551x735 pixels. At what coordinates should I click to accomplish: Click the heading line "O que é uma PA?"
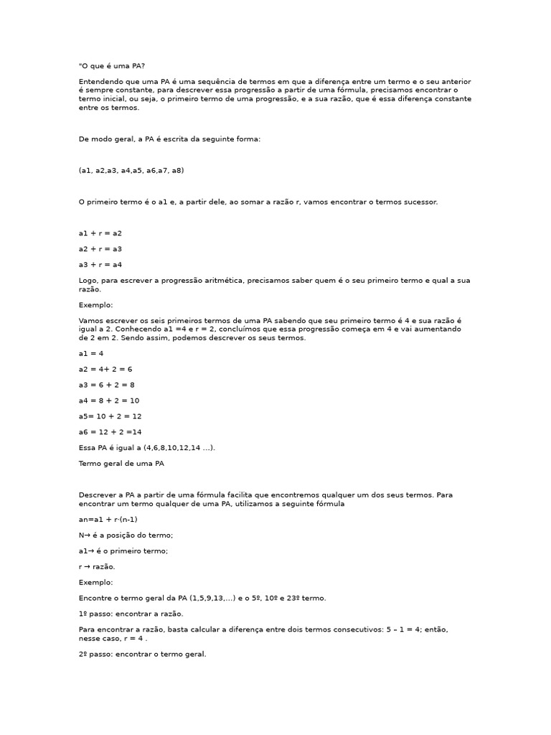[x=112, y=66]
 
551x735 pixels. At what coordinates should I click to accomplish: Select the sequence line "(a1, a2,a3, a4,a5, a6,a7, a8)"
[x=131, y=171]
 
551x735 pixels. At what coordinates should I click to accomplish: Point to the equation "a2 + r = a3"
[x=100, y=249]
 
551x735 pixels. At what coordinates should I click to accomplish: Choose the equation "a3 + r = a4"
[x=100, y=265]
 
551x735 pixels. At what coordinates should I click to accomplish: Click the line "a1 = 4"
[x=91, y=353]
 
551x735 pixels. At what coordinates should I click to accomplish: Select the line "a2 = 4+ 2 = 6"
[x=105, y=369]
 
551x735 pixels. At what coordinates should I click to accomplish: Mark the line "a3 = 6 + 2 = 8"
[x=107, y=385]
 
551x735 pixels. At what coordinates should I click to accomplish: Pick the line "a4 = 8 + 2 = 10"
[x=109, y=401]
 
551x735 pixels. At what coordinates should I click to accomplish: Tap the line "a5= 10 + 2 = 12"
[x=110, y=416]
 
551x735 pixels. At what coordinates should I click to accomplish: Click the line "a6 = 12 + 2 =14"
[x=110, y=432]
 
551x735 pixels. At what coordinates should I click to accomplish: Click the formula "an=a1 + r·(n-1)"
[x=108, y=520]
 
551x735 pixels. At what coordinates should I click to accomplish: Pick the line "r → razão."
[x=97, y=567]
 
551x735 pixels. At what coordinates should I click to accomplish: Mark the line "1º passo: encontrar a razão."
[x=131, y=614]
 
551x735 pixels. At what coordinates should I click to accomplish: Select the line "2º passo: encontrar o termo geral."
[x=143, y=655]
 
